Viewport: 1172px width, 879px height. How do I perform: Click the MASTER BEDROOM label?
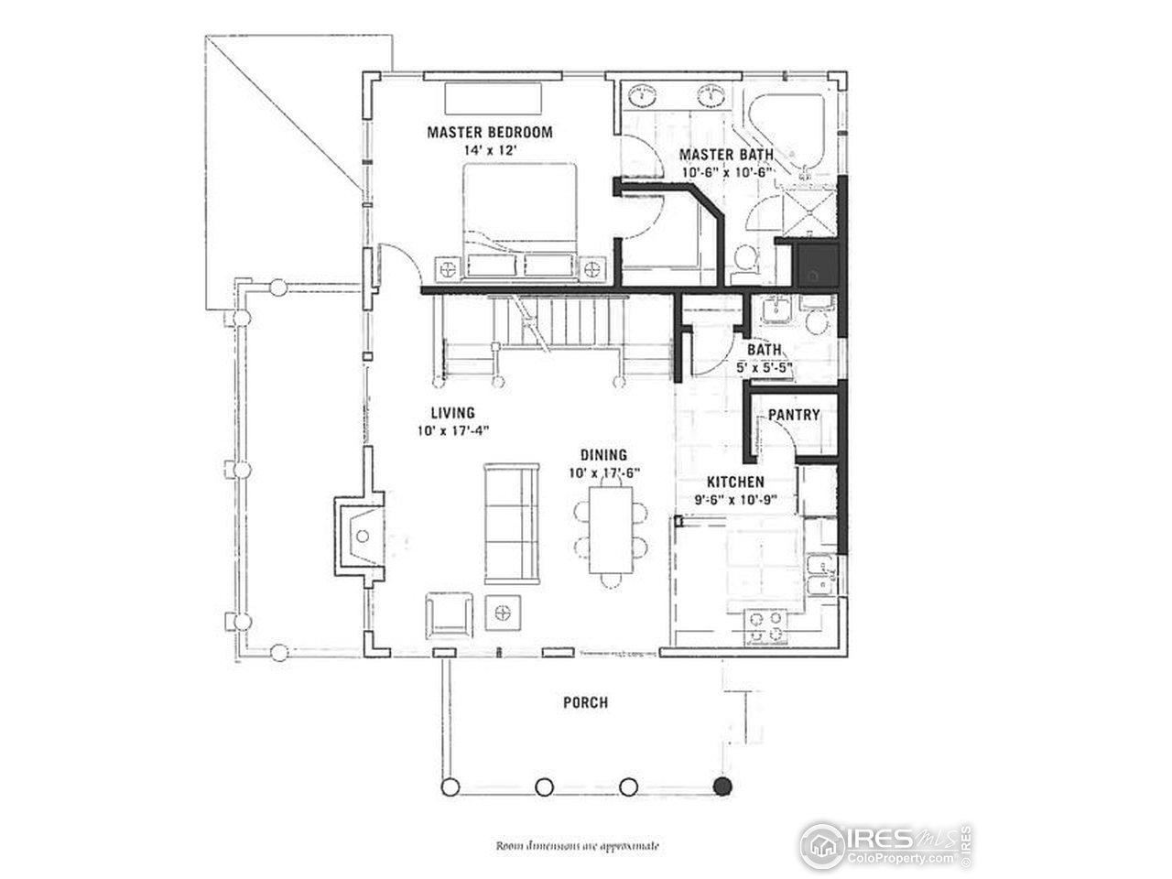click(490, 132)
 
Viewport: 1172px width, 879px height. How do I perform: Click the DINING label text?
click(602, 455)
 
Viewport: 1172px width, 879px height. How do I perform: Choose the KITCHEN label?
click(735, 482)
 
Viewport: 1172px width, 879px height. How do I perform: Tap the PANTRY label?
click(793, 415)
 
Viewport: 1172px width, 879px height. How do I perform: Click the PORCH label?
click(585, 702)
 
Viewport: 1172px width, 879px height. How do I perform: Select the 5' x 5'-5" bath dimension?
click(764, 366)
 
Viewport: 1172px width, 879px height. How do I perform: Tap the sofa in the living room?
click(512, 522)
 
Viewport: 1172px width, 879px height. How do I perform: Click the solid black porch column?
click(723, 786)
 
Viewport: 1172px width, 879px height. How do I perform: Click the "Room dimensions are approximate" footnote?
click(577, 846)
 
